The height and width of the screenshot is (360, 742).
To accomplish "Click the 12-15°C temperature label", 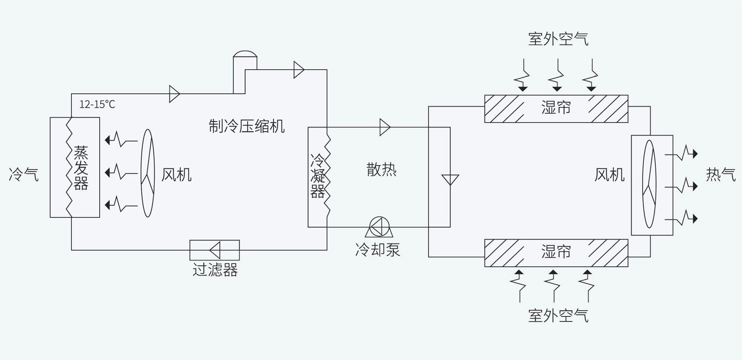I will click(97, 104).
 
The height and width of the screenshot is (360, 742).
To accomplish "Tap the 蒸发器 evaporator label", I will click(81, 168).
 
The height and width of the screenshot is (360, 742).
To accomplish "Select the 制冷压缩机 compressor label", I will click(246, 126).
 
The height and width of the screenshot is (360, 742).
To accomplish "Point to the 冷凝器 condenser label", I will click(318, 176).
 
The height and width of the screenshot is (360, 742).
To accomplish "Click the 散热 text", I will click(381, 170).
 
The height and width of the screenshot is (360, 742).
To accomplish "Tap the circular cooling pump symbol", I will click(379, 226).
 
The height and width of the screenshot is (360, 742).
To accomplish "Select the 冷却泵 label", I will click(377, 250).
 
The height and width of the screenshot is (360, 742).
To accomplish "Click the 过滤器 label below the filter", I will click(215, 270).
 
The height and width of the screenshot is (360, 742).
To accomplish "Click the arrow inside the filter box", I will click(215, 251).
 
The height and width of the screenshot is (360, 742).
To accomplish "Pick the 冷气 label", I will click(24, 174).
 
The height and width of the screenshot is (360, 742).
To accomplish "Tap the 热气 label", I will click(720, 174).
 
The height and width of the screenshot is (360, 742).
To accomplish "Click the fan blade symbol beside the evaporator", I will click(147, 173).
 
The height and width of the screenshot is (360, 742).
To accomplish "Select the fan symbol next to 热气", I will click(649, 184).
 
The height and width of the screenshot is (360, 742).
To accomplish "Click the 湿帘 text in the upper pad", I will click(556, 108).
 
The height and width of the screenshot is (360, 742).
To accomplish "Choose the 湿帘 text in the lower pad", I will click(556, 252).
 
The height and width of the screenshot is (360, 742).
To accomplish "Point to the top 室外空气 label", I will click(558, 39).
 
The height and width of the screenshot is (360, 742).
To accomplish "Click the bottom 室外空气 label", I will click(558, 316).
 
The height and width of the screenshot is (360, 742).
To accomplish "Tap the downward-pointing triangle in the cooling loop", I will click(450, 180).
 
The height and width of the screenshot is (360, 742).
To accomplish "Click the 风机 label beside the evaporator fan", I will click(176, 175).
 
